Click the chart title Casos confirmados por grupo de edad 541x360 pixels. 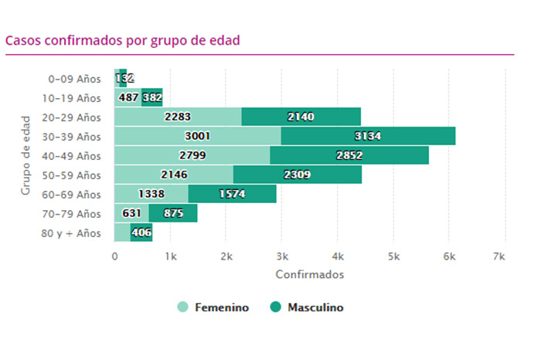click(122, 40)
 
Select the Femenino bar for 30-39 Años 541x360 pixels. click(197, 136)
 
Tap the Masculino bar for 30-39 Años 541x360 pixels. click(368, 136)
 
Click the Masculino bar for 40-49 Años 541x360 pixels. click(349, 155)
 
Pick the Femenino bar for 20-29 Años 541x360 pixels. click(178, 117)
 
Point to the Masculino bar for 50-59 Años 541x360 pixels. click(297, 175)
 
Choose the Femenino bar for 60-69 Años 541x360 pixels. click(151, 194)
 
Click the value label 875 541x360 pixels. click(174, 213)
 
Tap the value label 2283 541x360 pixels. click(179, 117)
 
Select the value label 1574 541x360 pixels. click(232, 194)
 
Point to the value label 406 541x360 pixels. click(141, 233)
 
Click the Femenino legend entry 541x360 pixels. click(213, 307)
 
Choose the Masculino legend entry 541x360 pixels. click(306, 307)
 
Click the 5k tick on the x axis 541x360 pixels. click(393, 256)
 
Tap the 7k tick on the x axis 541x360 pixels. click(505, 256)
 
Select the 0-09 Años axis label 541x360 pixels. click(74, 79)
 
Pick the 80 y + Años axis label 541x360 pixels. click(72, 233)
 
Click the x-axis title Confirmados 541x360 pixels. click(309, 274)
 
